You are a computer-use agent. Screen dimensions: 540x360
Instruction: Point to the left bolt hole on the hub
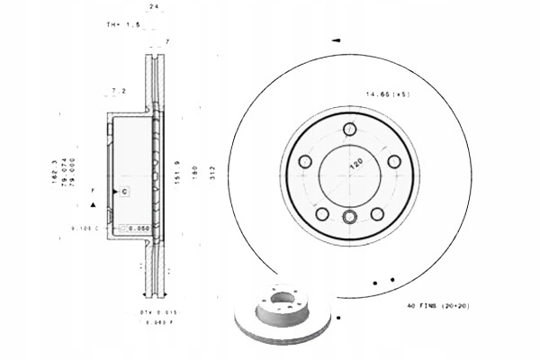click(304, 163)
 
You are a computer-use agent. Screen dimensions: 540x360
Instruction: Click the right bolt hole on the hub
click(393, 162)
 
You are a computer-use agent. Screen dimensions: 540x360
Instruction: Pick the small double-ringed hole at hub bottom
click(350, 215)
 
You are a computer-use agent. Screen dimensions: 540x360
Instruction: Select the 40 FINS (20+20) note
click(438, 306)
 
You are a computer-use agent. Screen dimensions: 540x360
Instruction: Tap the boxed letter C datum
click(125, 191)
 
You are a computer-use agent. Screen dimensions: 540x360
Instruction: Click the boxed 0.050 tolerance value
click(137, 229)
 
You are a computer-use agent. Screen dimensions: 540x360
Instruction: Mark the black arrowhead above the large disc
click(336, 40)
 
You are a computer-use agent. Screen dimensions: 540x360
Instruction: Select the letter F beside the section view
click(92, 191)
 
